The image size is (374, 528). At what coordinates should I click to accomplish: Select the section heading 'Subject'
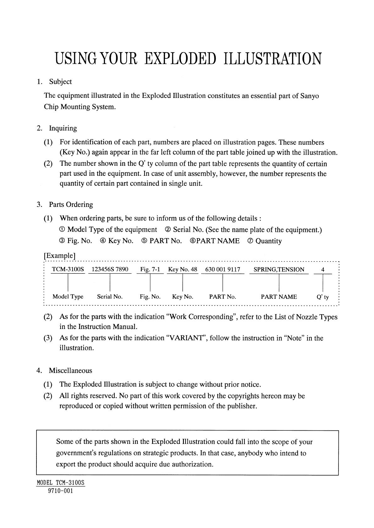pyautogui.click(x=60, y=82)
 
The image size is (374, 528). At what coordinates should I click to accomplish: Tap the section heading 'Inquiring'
pyautogui.click(x=63, y=128)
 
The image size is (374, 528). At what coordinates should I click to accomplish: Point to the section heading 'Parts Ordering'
pyautogui.click(x=71, y=205)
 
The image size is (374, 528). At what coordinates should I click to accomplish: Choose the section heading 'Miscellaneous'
pyautogui.click(x=70, y=371)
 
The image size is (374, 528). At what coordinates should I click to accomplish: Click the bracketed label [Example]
pyautogui.click(x=59, y=256)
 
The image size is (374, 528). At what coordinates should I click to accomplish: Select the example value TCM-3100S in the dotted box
pyautogui.click(x=68, y=270)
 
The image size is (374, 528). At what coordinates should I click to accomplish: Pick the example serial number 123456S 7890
pyautogui.click(x=110, y=270)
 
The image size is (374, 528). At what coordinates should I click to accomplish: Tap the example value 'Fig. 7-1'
pyautogui.click(x=150, y=270)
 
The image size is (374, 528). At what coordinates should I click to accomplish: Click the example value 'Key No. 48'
pyautogui.click(x=183, y=270)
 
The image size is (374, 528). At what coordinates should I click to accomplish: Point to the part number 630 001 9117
pyautogui.click(x=223, y=270)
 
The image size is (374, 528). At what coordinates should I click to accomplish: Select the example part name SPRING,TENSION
pyautogui.click(x=279, y=270)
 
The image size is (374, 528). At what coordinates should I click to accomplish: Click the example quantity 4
pyautogui.click(x=323, y=270)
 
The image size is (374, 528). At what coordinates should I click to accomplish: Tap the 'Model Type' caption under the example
pyautogui.click(x=68, y=297)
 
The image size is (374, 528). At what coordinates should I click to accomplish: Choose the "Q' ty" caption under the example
pyautogui.click(x=323, y=297)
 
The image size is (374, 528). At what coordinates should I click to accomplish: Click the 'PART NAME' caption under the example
pyautogui.click(x=279, y=297)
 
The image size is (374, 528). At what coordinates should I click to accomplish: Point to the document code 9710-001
pyautogui.click(x=60, y=491)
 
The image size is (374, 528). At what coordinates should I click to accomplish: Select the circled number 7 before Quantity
pyautogui.click(x=250, y=241)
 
